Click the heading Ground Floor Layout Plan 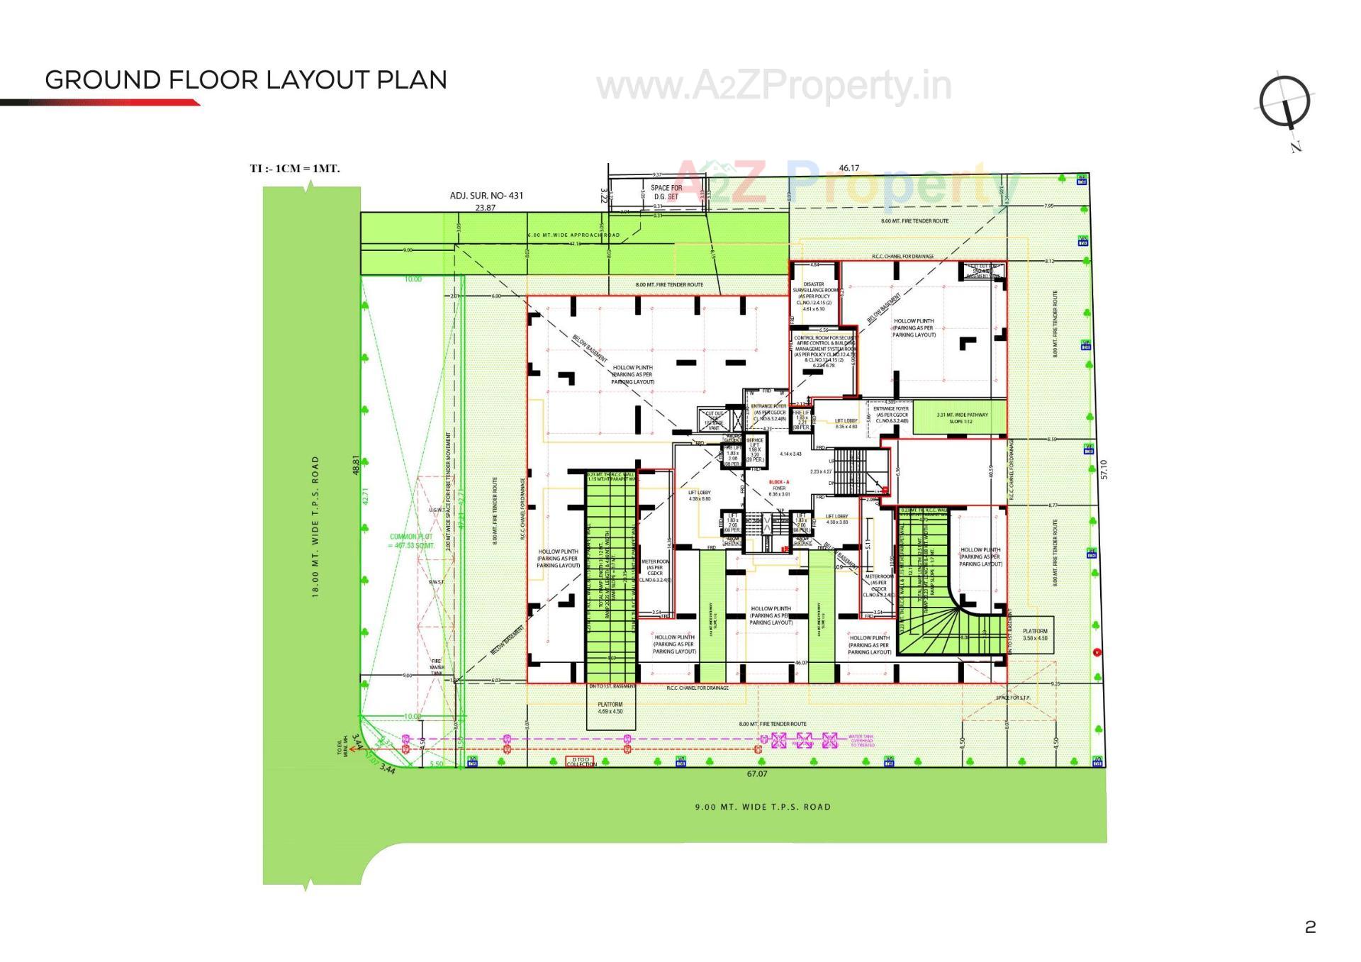245,80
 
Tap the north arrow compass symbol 1284,104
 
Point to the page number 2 1310,927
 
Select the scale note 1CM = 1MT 295,169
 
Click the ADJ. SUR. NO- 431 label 486,196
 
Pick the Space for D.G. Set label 666,192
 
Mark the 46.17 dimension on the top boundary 848,168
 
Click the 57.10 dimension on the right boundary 1103,469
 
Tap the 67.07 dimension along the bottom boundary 756,773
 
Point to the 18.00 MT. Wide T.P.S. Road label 315,526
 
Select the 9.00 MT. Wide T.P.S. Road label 762,807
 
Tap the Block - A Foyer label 779,488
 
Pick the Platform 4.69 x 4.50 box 610,707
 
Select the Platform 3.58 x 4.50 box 1034,634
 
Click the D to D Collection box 581,761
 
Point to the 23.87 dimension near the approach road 485,208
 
